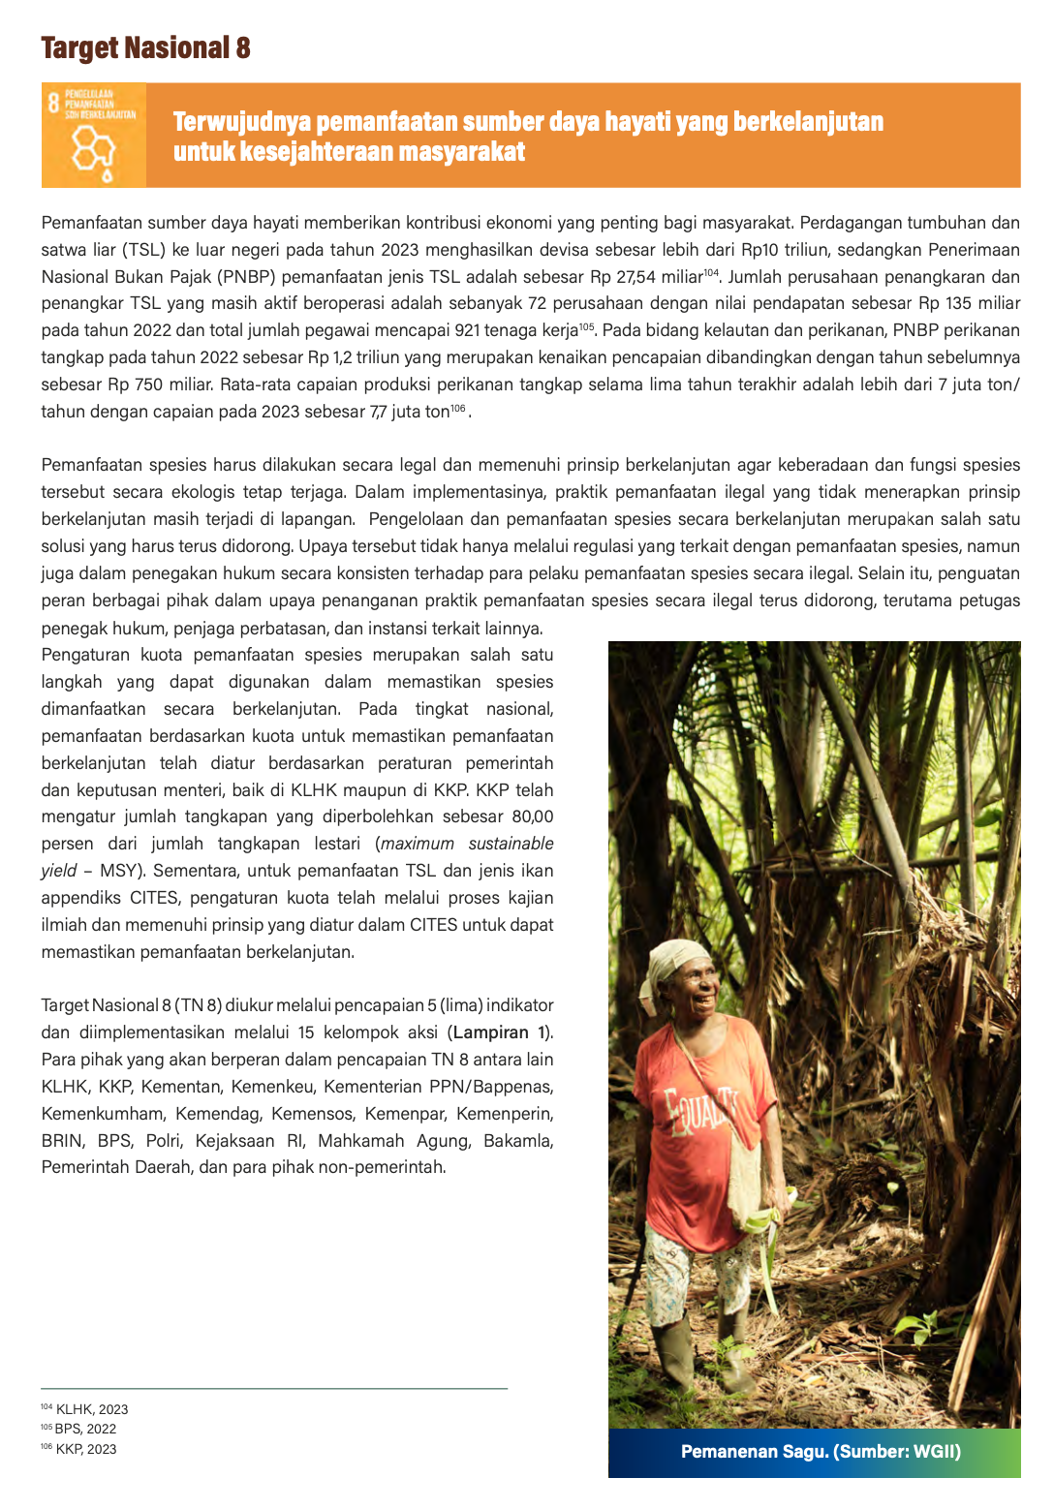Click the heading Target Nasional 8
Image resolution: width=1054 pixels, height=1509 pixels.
145,47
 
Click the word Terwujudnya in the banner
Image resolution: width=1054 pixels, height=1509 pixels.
242,122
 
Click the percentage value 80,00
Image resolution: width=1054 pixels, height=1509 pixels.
532,816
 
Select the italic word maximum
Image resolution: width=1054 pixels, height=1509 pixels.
418,844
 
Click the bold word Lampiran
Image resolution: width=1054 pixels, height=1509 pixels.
491,1032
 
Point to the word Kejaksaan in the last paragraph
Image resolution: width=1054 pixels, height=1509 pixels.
234,1141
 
